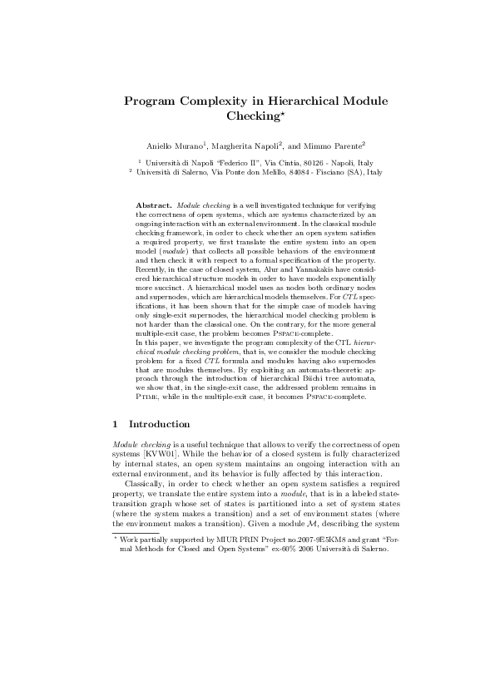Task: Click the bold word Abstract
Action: point(154,204)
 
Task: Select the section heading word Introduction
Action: point(163,424)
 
